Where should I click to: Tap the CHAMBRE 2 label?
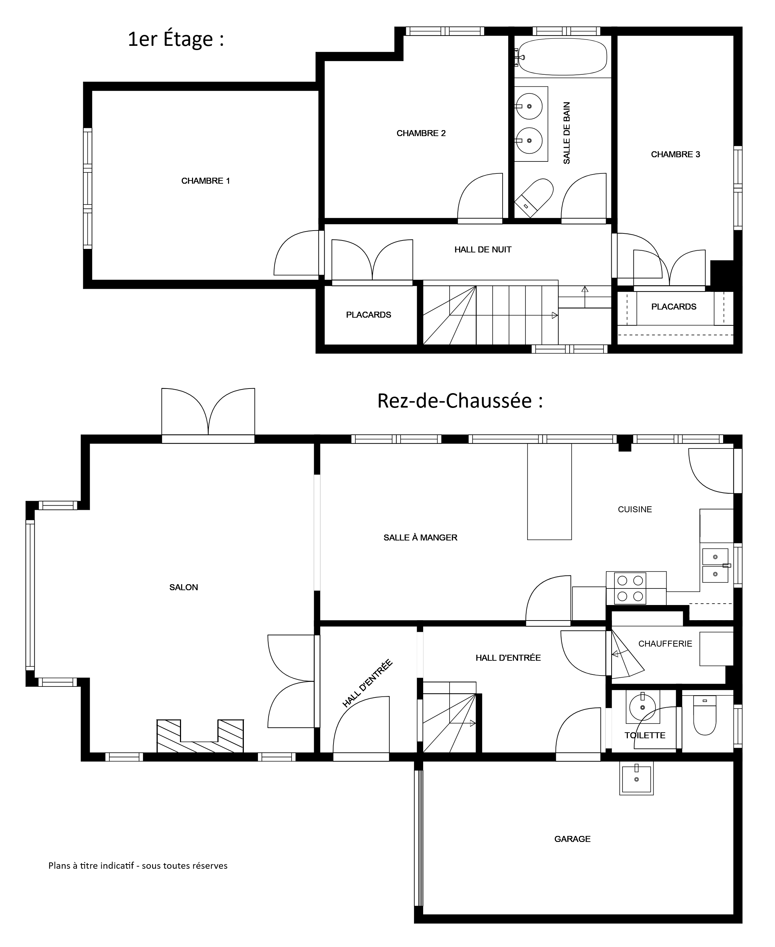[421, 133]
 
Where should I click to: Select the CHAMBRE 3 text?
[675, 154]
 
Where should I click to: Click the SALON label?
[184, 587]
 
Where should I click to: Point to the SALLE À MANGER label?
[421, 538]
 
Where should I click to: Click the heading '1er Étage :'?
[176, 39]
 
